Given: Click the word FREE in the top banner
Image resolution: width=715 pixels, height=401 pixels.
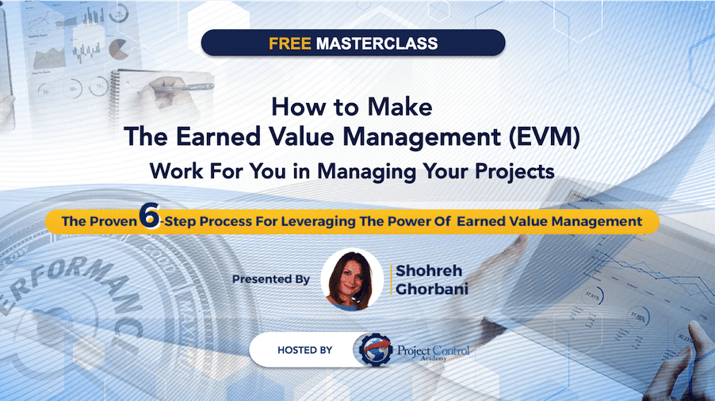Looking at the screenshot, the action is click(289, 44).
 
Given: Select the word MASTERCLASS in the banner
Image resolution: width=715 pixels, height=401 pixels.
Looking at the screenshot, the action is click(377, 44).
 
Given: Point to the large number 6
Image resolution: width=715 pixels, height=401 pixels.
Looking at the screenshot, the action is click(150, 215).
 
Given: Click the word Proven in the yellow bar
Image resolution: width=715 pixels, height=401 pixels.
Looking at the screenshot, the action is click(113, 221).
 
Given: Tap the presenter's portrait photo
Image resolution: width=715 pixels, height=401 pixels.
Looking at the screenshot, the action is click(352, 280).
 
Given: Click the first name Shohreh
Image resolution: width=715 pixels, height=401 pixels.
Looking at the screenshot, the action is click(429, 271).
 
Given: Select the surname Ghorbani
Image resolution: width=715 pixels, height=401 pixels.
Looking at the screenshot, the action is click(432, 289).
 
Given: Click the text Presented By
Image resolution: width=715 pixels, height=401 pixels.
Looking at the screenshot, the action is click(271, 279).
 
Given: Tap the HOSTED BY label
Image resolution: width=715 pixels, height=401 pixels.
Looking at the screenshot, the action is click(304, 350).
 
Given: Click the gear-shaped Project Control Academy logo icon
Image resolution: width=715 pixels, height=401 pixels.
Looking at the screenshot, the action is click(375, 350).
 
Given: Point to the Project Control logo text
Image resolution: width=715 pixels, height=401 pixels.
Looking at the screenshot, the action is click(433, 351).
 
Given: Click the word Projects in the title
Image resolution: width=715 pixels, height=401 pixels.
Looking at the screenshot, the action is click(514, 172).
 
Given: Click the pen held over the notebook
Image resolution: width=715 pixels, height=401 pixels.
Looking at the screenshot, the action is click(183, 87).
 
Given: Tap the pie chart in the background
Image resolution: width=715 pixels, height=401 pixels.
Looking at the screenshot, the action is click(119, 49).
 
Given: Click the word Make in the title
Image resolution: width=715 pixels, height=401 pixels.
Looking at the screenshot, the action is click(400, 107).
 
